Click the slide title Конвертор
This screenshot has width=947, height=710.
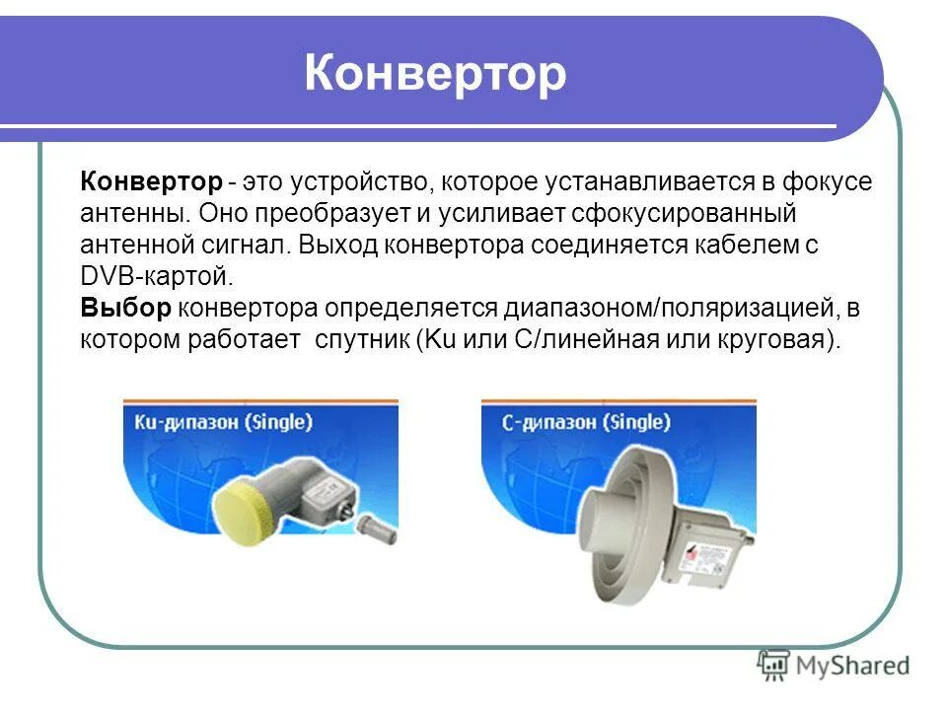click(435, 75)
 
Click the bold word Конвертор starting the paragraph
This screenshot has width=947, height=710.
click(152, 183)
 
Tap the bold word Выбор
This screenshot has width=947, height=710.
click(125, 308)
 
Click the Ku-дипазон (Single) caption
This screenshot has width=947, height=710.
click(223, 423)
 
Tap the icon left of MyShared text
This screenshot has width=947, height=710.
click(773, 665)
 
